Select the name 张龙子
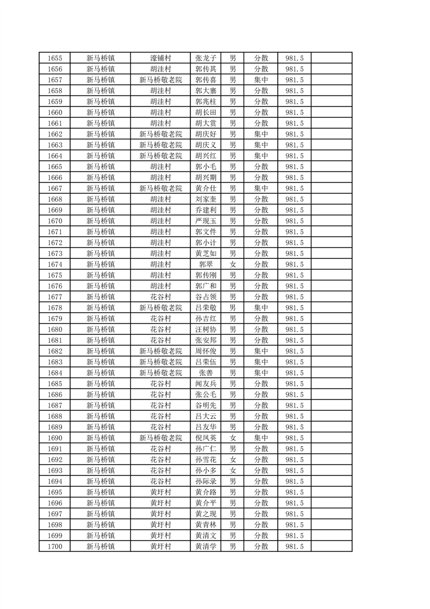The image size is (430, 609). click(x=206, y=58)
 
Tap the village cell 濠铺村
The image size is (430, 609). click(x=161, y=58)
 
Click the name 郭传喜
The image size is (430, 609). click(x=206, y=80)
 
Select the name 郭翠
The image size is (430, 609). click(x=206, y=264)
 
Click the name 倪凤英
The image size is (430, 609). click(x=206, y=438)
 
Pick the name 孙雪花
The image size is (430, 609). click(x=206, y=460)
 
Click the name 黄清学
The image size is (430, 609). click(x=206, y=547)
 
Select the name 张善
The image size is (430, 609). click(x=206, y=373)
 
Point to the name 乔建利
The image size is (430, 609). click(x=206, y=210)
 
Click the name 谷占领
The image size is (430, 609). click(x=206, y=297)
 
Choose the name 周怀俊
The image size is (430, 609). click(x=206, y=351)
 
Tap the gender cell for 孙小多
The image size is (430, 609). click(x=233, y=471)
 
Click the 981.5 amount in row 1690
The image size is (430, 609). click(x=294, y=438)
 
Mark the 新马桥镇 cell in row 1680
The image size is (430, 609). click(x=101, y=329)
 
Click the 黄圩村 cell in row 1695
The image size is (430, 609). click(x=161, y=492)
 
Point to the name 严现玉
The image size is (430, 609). click(x=206, y=221)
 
